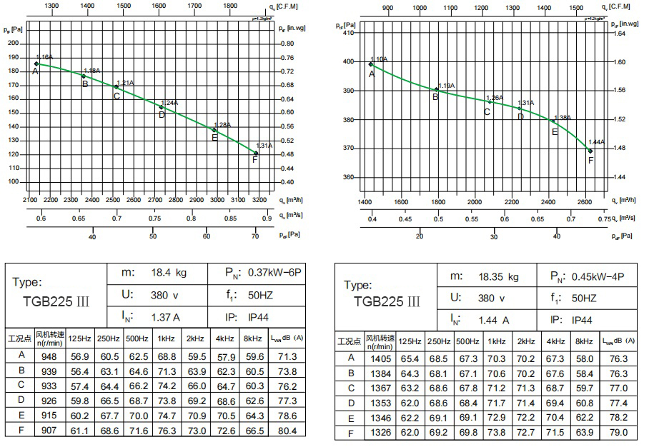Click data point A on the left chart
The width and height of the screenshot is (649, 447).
[x=36, y=64]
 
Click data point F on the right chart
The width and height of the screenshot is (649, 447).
[x=590, y=151]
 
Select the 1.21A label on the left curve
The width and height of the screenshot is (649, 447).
[x=125, y=83]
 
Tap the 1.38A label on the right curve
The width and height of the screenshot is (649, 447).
[x=562, y=118]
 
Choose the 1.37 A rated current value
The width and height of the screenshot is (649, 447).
[x=165, y=316]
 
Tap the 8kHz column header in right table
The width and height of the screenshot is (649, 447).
[x=584, y=341]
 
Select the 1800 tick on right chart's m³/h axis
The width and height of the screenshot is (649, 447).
[x=438, y=201]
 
